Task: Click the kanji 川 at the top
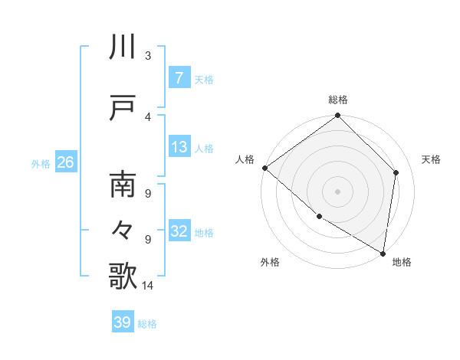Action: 123,47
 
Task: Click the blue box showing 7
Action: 179,77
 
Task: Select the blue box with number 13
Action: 179,147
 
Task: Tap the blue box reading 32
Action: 179,231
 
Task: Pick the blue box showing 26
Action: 64,162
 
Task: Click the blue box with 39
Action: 122,322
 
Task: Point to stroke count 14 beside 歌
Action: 149,286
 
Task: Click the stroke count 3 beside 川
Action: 148,55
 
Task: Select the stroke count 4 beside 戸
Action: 148,116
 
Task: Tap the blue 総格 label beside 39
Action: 147,324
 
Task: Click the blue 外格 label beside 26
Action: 40,163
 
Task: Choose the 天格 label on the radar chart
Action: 432,159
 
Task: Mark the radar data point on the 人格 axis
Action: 264,168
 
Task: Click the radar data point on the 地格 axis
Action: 383,253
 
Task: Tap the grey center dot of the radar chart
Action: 337,191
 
